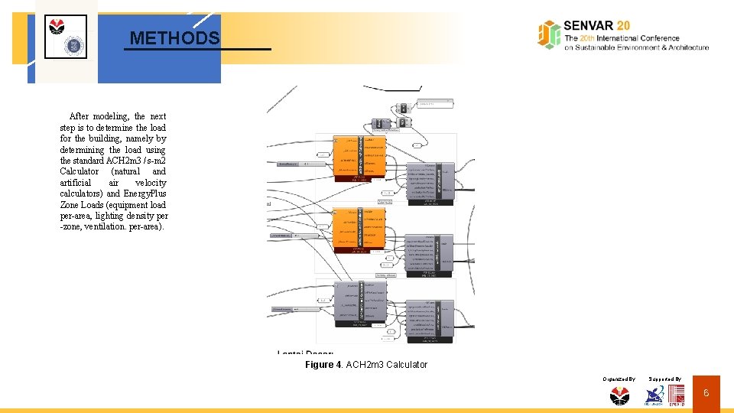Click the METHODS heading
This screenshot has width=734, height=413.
(174, 37)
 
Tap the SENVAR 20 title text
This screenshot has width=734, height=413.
(597, 25)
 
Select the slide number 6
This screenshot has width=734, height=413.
(706, 393)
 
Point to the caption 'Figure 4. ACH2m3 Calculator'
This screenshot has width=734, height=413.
(366, 365)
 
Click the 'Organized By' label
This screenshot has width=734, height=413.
(619, 379)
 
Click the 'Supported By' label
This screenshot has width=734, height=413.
(664, 379)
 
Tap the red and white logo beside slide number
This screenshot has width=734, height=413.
(677, 395)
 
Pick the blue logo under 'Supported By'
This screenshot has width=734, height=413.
(654, 395)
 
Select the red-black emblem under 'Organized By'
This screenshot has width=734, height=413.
(619, 395)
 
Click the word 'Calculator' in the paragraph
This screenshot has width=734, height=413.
(80, 171)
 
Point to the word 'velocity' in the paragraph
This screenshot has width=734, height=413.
(150, 183)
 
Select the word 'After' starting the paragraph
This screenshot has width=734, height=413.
(79, 116)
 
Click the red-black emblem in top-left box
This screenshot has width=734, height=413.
(57, 27)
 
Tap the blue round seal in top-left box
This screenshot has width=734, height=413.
(75, 44)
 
